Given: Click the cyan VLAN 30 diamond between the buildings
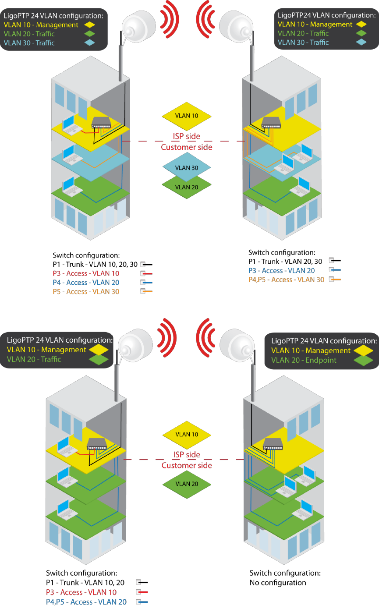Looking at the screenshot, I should pyautogui.click(x=187, y=168).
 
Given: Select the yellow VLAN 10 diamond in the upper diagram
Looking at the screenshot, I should pyautogui.click(x=187, y=116).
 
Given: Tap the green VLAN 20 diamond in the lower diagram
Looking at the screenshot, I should pyautogui.click(x=187, y=484).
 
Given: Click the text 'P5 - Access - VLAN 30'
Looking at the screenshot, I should pyautogui.click(x=86, y=292).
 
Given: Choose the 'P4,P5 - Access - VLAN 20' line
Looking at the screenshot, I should pyautogui.click(x=86, y=602).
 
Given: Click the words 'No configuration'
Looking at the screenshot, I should pyautogui.click(x=278, y=583).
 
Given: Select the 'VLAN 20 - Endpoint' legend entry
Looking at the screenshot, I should pyautogui.click(x=304, y=360).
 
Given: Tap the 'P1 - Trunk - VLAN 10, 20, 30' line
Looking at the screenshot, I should pyautogui.click(x=95, y=264).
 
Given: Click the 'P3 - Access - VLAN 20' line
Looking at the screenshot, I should pyautogui.click(x=281, y=271).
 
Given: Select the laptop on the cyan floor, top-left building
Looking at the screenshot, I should pyautogui.click(x=70, y=154).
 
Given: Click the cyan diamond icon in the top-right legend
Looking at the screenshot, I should pyautogui.click(x=361, y=42).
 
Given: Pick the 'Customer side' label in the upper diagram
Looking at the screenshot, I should pyautogui.click(x=187, y=147).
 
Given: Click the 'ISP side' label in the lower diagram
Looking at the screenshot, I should pyautogui.click(x=187, y=455).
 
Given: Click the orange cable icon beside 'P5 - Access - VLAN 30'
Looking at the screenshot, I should pyautogui.click(x=146, y=292).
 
